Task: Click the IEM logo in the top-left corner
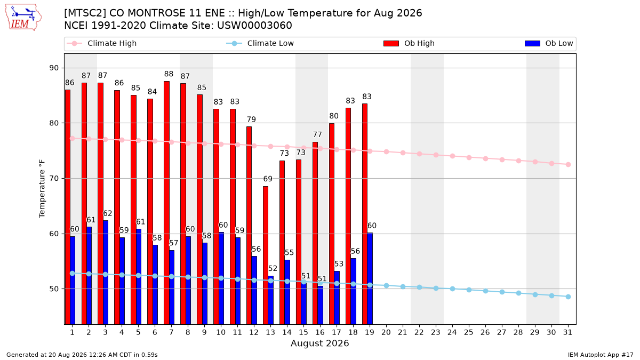[23, 18]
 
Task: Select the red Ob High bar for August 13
[266, 255]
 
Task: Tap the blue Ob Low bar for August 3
[106, 273]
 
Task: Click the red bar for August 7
[166, 203]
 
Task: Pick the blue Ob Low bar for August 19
[370, 278]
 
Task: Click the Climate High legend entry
[102, 43]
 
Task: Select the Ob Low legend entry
[549, 43]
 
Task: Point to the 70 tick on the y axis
[54, 179]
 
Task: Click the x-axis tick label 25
[469, 332]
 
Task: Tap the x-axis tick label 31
[568, 332]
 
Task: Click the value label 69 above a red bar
[268, 179]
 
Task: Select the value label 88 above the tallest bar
[169, 74]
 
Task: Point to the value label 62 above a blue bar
[107, 213]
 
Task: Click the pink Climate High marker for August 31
[569, 165]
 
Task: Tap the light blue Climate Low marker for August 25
[469, 290]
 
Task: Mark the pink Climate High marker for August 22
[419, 154]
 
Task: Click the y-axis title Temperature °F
[42, 189]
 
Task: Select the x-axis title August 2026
[319, 343]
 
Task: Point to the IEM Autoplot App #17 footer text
[601, 355]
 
